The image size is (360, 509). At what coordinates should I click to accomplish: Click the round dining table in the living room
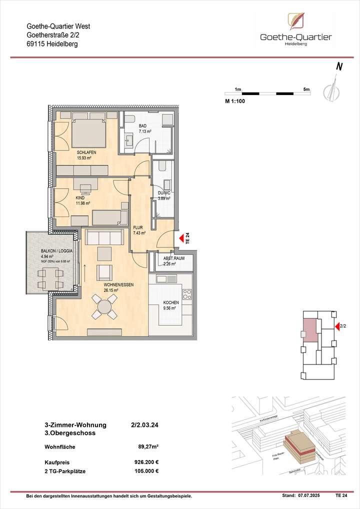coord(104,305)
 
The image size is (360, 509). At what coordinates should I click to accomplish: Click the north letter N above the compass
coord(339,67)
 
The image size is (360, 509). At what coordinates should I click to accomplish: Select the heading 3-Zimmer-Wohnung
coord(75,425)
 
